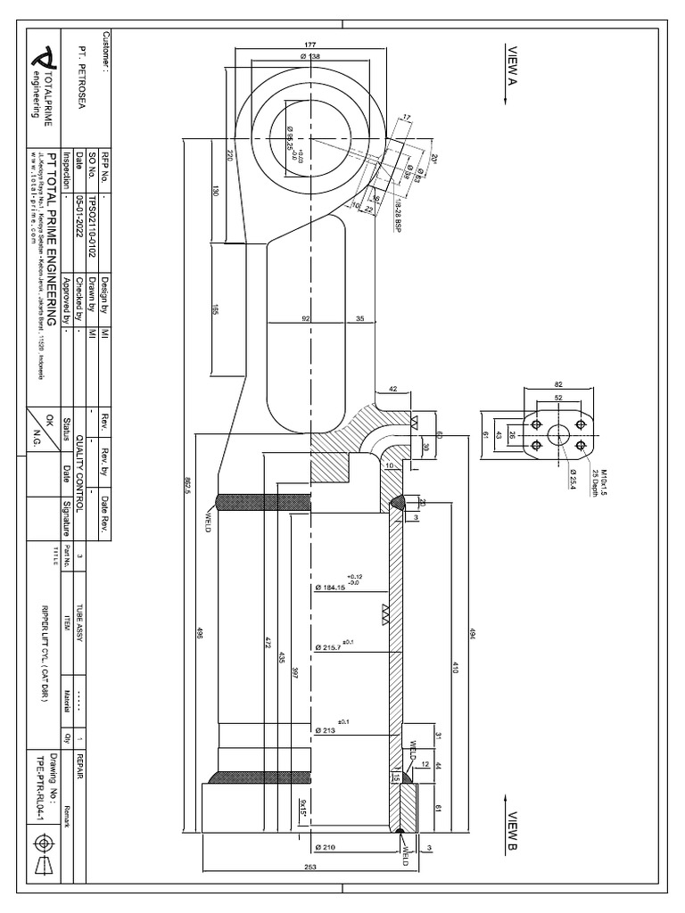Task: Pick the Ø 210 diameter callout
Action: (x=326, y=847)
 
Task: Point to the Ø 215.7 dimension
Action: (x=329, y=646)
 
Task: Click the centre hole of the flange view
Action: (x=559, y=433)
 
